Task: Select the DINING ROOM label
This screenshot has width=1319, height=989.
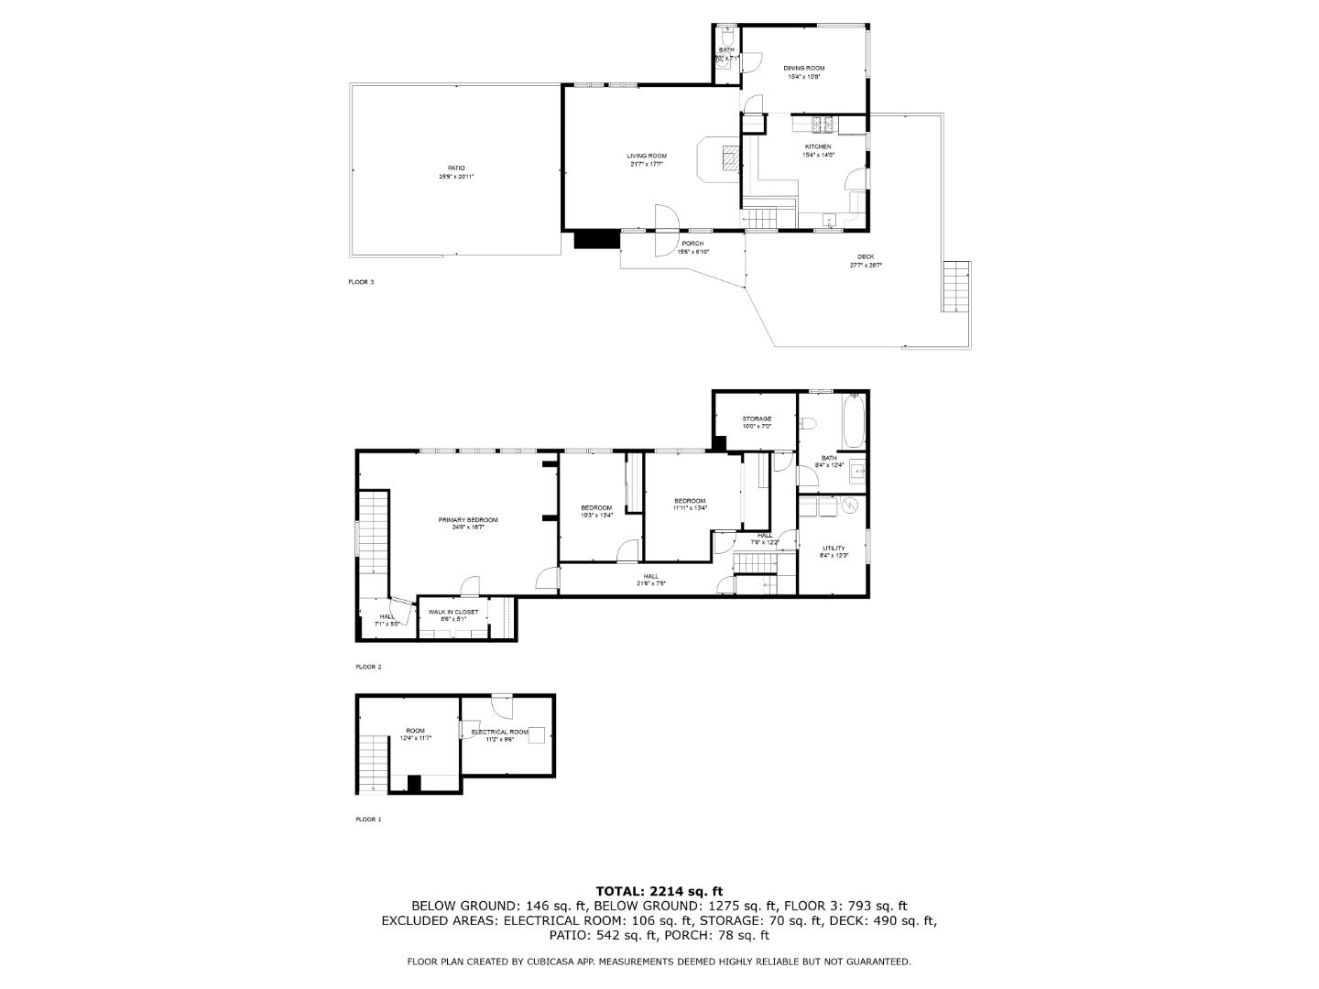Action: (803, 69)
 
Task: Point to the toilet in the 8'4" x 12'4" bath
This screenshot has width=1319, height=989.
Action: (807, 423)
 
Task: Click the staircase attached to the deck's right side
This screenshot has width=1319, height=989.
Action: (956, 287)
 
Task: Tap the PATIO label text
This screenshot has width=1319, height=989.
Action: (455, 168)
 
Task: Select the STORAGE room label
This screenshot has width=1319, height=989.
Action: (757, 418)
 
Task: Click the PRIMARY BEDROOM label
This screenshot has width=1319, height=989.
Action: (468, 519)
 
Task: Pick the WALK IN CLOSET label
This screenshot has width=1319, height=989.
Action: (453, 612)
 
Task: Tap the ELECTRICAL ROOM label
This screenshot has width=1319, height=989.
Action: (500, 732)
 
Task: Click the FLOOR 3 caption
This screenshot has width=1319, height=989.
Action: (361, 282)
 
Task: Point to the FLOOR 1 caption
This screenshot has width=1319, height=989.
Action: (368, 820)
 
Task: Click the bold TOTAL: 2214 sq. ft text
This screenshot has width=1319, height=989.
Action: (659, 890)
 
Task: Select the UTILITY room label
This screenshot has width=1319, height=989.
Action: (834, 549)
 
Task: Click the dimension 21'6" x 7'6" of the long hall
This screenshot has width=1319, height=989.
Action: (651, 583)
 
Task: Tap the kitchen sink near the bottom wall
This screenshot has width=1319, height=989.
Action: (827, 219)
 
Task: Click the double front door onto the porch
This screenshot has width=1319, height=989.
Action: (666, 231)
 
